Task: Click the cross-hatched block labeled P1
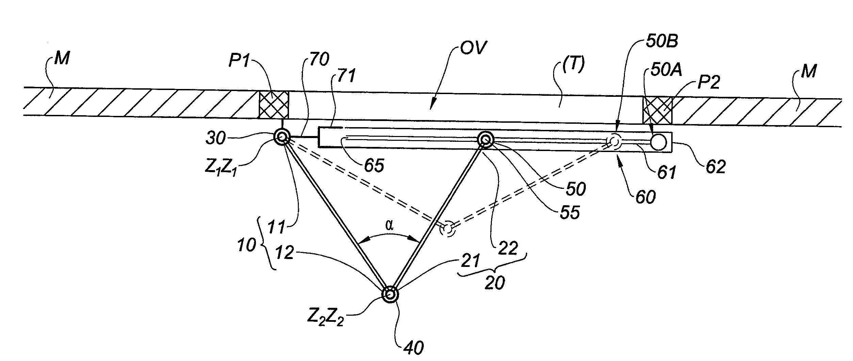coord(274,105)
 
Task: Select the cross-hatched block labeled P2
coord(657,110)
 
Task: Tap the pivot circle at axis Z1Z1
coord(282,137)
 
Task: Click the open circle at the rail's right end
coord(658,142)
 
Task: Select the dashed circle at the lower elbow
coord(447,229)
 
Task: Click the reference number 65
coord(374,166)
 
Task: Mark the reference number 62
coord(715,167)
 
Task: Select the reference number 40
coord(414,347)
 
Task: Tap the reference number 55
coord(569,213)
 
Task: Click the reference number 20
coord(495,283)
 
